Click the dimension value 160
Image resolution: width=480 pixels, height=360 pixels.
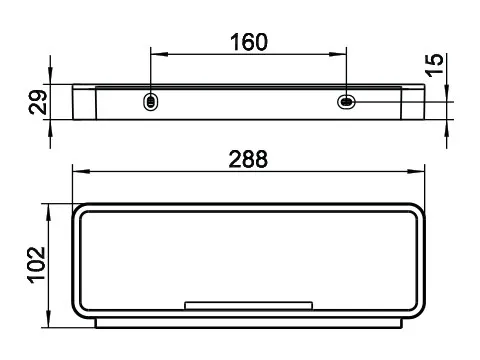(249, 42)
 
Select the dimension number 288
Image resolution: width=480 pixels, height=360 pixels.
(248, 159)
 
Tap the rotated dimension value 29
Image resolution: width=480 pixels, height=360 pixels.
(38, 102)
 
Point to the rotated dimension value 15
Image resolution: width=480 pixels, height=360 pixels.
(435, 65)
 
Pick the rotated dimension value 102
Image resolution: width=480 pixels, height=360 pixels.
(36, 265)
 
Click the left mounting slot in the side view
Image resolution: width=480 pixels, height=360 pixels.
(151, 101)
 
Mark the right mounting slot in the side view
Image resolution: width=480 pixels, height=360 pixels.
(346, 101)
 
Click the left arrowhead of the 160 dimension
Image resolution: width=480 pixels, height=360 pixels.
(159, 54)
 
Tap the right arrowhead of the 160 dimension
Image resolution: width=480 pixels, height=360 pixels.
(338, 54)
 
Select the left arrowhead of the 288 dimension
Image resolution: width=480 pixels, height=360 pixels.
(81, 171)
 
